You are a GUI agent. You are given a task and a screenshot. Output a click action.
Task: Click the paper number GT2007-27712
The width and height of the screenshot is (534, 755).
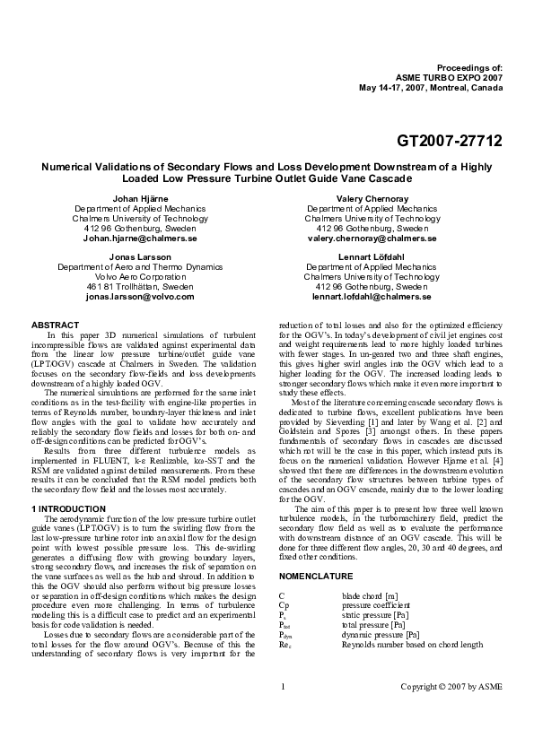450,141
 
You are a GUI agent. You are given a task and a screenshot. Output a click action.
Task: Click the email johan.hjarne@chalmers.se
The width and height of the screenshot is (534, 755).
140,239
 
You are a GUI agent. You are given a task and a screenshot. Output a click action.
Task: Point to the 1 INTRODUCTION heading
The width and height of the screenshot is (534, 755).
74,509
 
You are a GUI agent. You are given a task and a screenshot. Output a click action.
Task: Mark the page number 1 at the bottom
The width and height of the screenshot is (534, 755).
283,712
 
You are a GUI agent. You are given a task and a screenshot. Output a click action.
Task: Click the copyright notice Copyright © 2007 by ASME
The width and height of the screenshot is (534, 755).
451,712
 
